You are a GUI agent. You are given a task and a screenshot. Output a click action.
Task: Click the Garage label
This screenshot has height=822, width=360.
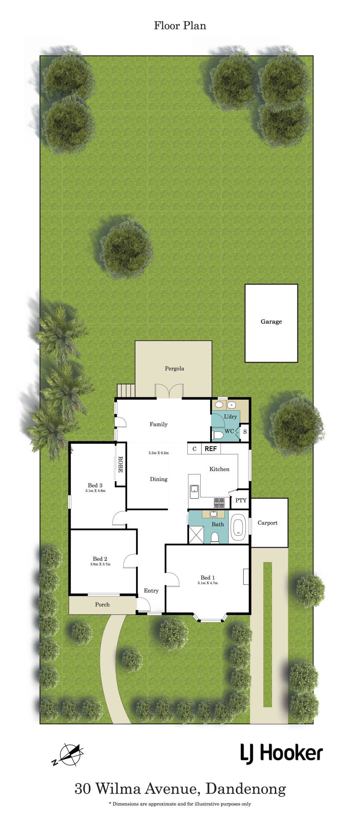coord(271,322)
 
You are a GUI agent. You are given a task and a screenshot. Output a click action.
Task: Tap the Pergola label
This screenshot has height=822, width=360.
coord(174,368)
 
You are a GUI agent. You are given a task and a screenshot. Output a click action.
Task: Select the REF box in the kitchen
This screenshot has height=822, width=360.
coord(211,449)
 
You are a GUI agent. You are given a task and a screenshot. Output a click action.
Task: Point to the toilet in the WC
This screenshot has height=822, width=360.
coord(218,435)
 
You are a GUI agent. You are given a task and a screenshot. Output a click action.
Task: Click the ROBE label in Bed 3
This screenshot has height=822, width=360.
coord(120,464)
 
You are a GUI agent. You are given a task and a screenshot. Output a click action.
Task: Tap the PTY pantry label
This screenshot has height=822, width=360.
coord(241,500)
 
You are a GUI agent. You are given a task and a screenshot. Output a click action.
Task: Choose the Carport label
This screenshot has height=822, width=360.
coord(267,523)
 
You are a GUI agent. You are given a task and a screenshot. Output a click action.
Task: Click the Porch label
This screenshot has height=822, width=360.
coord(102,604)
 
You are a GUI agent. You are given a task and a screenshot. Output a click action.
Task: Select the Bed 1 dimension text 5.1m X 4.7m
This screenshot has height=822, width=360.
coord(208,583)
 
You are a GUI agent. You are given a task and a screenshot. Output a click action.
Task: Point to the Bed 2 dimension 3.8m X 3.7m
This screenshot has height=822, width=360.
coord(100,565)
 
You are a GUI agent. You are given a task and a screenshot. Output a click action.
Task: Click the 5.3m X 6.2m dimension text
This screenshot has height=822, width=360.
coord(159,453)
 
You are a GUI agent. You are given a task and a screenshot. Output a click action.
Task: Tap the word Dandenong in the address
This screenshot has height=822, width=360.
coord(246,790)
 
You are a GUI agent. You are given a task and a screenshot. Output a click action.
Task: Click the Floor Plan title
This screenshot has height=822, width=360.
coord(180,26)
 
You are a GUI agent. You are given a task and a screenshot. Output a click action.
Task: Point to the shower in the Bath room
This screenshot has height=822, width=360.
coord(196,534)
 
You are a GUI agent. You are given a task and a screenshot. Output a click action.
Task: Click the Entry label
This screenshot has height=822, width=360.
coord(151,590)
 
